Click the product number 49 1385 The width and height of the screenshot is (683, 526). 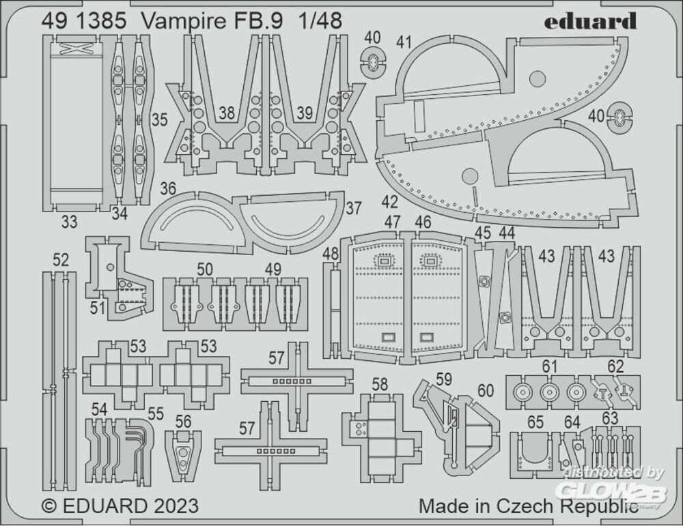[83, 21]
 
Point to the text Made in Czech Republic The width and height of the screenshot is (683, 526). [523, 506]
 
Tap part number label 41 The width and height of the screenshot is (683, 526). [404, 42]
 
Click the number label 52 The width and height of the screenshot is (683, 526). [61, 260]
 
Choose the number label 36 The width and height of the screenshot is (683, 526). [168, 188]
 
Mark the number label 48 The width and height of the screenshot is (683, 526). [331, 254]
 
